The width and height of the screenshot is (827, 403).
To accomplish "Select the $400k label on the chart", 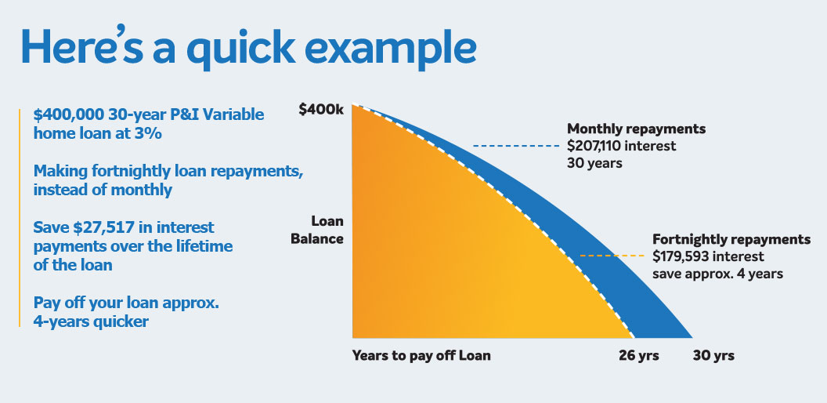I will coord(321,111).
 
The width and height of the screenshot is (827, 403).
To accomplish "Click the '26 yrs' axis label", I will coord(639,356).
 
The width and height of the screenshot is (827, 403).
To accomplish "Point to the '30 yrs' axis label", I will coord(713,356).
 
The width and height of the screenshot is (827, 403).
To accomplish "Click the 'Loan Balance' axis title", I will coord(317,229).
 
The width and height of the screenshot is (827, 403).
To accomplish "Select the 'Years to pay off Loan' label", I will coord(421,356).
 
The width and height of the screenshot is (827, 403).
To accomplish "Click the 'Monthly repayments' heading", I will coord(636,129).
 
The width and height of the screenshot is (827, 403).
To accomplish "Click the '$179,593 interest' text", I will coord(708,256).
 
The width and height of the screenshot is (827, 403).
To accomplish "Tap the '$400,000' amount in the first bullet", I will coord(69,114).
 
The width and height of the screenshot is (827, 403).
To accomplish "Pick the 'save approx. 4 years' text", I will coord(718,274).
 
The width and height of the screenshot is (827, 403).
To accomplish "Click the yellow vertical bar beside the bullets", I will coord(19,216).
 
